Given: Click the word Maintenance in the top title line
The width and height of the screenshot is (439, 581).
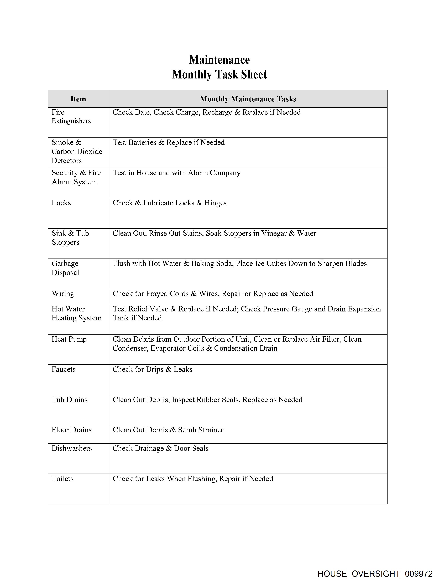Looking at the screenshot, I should pyautogui.click(x=219, y=60).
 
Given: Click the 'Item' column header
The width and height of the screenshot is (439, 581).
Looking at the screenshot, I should pyautogui.click(x=78, y=99).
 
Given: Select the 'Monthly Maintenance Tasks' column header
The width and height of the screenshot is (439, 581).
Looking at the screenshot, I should pyautogui.click(x=248, y=99).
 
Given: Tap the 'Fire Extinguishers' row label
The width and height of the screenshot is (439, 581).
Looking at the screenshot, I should pyautogui.click(x=71, y=116).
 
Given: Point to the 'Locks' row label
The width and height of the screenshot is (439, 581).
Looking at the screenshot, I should pyautogui.click(x=61, y=203).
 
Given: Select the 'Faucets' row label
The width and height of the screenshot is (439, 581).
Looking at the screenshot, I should pyautogui.click(x=64, y=369).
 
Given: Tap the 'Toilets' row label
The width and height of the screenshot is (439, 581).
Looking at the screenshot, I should pyautogui.click(x=62, y=479).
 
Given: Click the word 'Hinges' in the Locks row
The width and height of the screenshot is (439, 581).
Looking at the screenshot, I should pyautogui.click(x=215, y=203).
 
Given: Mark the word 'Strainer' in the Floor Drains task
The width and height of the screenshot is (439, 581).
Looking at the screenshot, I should pyautogui.click(x=211, y=430).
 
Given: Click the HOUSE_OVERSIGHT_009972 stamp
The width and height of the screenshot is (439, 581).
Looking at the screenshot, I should pyautogui.click(x=375, y=573).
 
